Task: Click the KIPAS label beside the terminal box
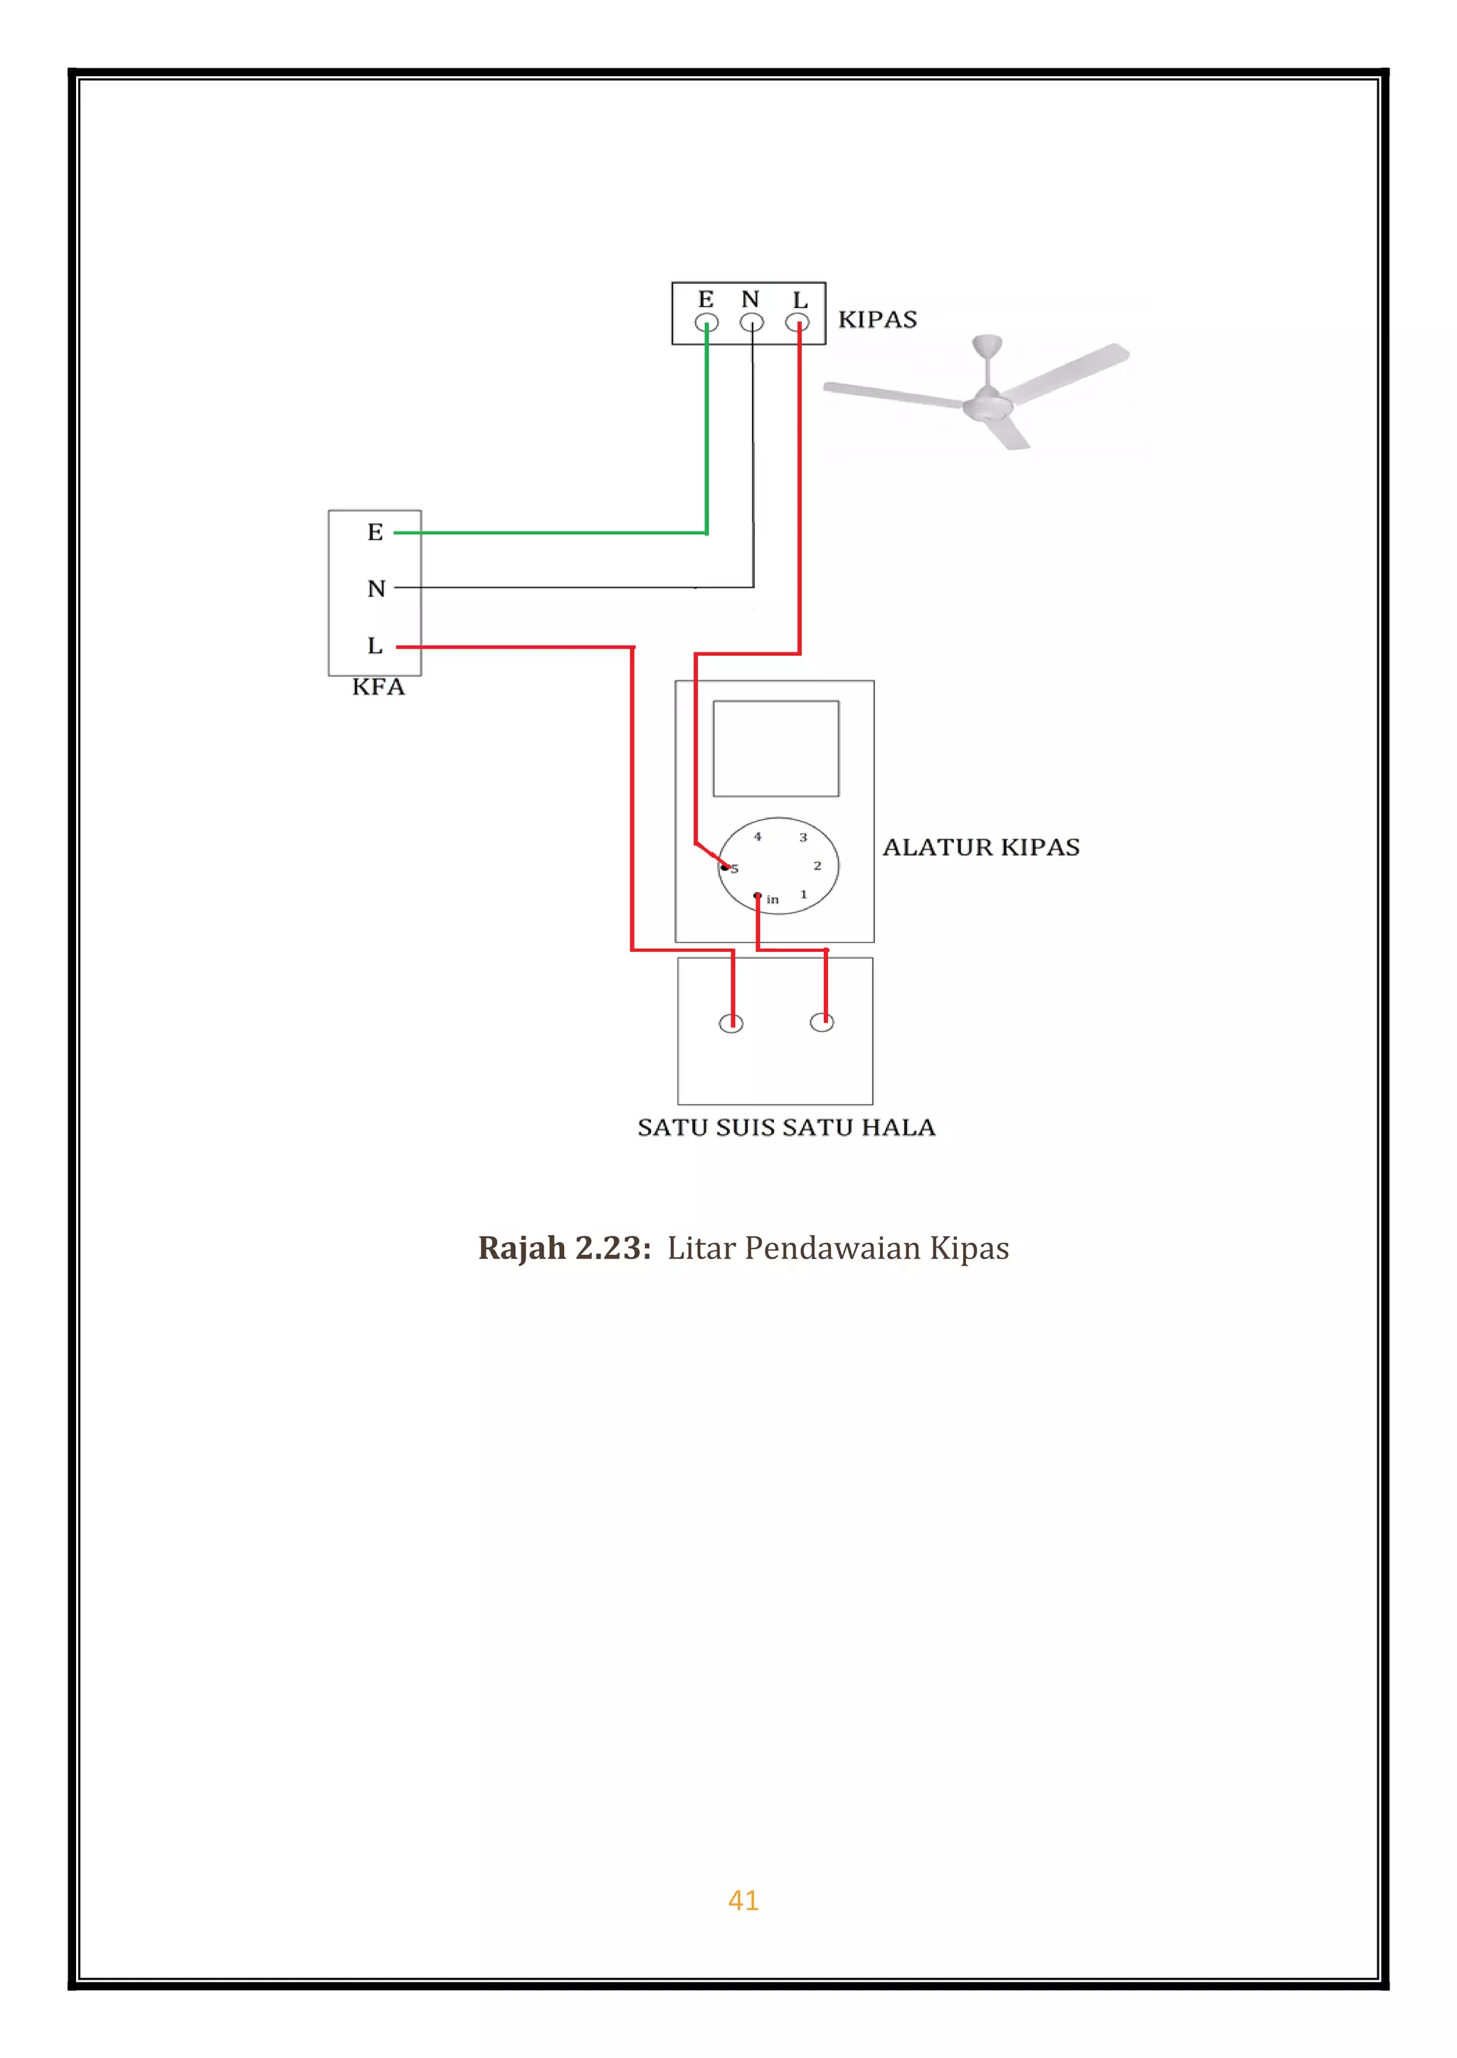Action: coord(876,319)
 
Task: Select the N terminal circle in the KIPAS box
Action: coord(752,323)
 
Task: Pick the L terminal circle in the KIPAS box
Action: coord(797,323)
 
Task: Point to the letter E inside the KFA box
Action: coord(375,532)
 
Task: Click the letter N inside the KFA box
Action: coord(376,588)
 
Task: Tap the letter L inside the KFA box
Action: coord(375,645)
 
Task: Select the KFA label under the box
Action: coord(378,687)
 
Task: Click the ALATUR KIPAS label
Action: coord(980,847)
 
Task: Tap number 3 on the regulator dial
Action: coord(803,837)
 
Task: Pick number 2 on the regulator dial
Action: coord(817,866)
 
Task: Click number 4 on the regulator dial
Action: coord(757,836)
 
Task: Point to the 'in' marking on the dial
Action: coord(773,899)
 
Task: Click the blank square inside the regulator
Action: coord(776,748)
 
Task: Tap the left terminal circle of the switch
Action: coord(731,1023)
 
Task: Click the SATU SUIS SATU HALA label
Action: coord(786,1127)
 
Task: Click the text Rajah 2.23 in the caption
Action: coord(563,1248)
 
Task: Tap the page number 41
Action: coord(743,1899)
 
